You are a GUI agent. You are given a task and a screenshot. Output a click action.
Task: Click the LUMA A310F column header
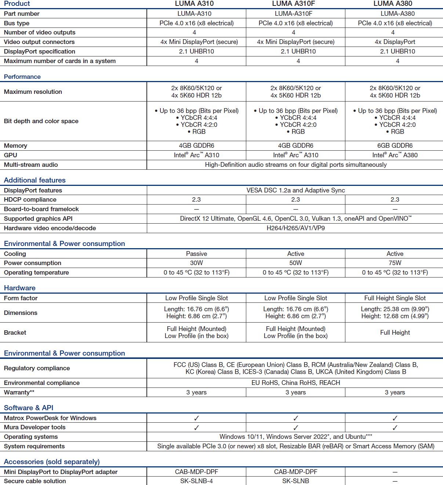pyautogui.click(x=293, y=4)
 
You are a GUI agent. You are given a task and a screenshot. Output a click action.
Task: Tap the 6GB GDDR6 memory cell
pyautogui.click(x=395, y=146)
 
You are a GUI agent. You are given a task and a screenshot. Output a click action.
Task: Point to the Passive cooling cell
pyautogui.click(x=196, y=254)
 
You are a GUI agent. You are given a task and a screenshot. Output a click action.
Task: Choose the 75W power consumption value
pyautogui.click(x=395, y=263)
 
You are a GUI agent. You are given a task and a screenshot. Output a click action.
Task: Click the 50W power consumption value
pyautogui.click(x=295, y=263)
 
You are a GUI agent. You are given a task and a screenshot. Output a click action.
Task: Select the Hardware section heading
pyautogui.click(x=20, y=288)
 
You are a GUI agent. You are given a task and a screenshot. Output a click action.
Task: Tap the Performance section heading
pyautogui.click(x=22, y=77)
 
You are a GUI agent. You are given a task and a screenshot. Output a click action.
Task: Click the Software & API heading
pyautogui.click(x=29, y=408)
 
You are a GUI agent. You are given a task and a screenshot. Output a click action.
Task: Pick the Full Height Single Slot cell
pyautogui.click(x=395, y=298)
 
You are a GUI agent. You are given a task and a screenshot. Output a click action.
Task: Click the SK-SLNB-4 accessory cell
pyautogui.click(x=196, y=481)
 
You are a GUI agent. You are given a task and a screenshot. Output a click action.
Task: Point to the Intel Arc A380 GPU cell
pyautogui.click(x=395, y=155)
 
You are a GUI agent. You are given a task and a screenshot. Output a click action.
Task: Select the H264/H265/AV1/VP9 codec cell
pyautogui.click(x=295, y=228)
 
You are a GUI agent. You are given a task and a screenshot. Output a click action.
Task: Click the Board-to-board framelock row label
pyautogui.click(x=41, y=209)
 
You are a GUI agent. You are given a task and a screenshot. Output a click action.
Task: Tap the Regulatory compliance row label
pyautogui.click(x=37, y=368)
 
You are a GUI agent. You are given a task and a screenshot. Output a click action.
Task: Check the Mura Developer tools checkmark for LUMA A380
pyautogui.click(x=395, y=427)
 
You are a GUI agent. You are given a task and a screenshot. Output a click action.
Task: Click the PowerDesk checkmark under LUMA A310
pyautogui.click(x=196, y=418)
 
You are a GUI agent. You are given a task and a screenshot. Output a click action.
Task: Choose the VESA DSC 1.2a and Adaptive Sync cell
pyautogui.click(x=295, y=190)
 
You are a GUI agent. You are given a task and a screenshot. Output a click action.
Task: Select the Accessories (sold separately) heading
pyautogui.click(x=52, y=462)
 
